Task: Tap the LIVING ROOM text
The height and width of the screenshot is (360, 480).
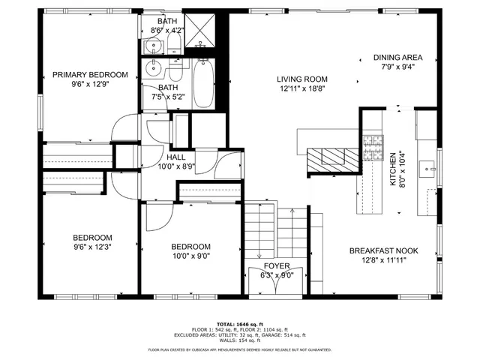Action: point(302,79)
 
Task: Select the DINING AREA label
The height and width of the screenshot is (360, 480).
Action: point(398,58)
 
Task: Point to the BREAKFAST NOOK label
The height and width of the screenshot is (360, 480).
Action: point(394,251)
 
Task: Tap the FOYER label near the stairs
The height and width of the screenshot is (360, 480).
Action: point(276,266)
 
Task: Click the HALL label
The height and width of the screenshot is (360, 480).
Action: point(176,157)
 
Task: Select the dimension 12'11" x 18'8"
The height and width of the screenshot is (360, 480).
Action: point(302,88)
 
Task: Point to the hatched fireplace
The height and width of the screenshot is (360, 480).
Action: point(333,157)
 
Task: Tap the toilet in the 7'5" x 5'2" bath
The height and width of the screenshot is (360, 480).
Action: point(175,71)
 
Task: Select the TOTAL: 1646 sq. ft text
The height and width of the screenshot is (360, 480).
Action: point(240,323)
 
